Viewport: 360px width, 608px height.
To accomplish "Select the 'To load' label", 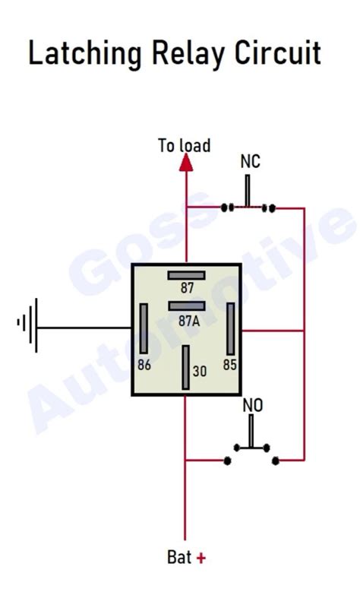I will pyautogui.click(x=184, y=144).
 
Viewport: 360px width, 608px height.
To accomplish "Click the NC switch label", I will pyautogui.click(x=250, y=161).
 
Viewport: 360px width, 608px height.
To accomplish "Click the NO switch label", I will pyautogui.click(x=252, y=406).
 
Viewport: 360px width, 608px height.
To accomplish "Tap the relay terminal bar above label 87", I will pyautogui.click(x=186, y=274).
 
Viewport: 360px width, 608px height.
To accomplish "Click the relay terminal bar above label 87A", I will pyautogui.click(x=186, y=306).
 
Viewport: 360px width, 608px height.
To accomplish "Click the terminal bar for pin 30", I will pyautogui.click(x=185, y=368).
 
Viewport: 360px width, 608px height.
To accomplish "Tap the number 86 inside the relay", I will pyautogui.click(x=144, y=365).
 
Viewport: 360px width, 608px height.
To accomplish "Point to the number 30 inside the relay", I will pyautogui.click(x=200, y=372).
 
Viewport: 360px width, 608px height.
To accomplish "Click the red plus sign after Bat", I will pyautogui.click(x=201, y=558).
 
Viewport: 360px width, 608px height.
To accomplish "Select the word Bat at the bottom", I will pyautogui.click(x=179, y=558).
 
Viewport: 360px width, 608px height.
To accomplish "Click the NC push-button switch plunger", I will pyautogui.click(x=248, y=192).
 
